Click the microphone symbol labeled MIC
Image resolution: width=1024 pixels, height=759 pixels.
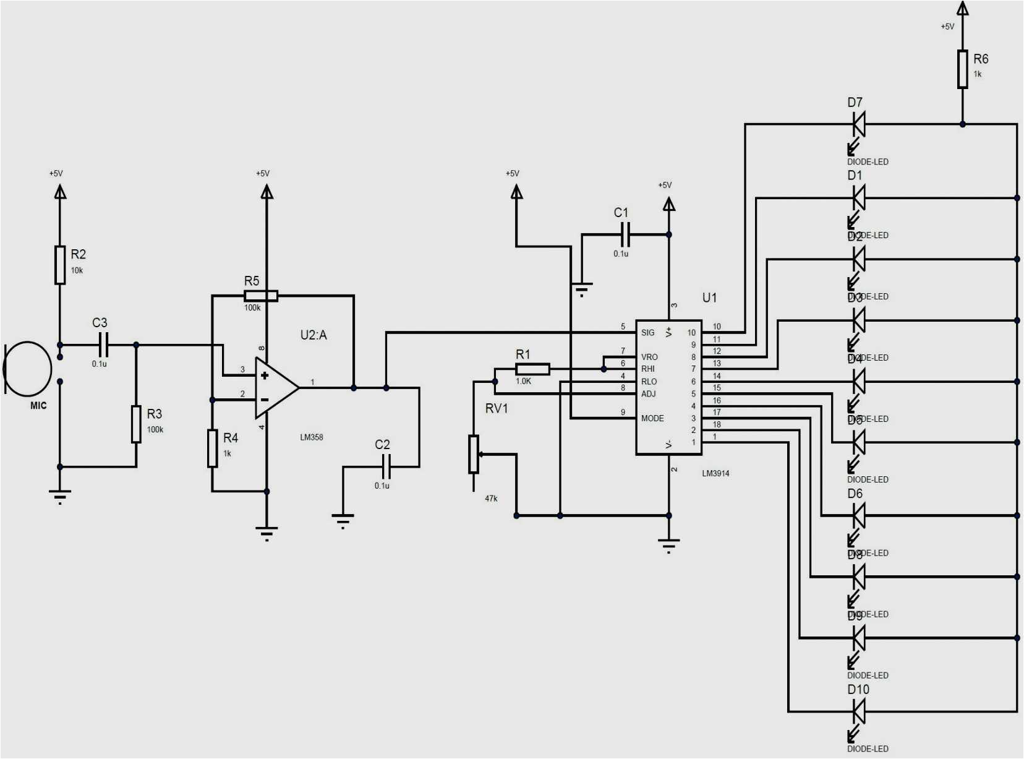click(27, 369)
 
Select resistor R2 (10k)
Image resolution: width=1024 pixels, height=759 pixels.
click(60, 265)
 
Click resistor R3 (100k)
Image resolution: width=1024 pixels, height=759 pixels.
click(136, 424)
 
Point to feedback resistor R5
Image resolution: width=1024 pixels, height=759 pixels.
click(260, 296)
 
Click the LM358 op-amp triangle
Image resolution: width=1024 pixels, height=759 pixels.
click(276, 388)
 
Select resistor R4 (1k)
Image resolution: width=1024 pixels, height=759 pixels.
click(212, 448)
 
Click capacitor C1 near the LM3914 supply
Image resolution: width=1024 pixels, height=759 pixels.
click(625, 234)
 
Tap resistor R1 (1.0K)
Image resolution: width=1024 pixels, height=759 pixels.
click(532, 369)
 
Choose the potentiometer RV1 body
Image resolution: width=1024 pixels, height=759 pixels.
click(474, 454)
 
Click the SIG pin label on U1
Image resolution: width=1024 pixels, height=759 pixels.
click(647, 333)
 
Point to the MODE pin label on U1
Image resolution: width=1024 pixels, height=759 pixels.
click(652, 418)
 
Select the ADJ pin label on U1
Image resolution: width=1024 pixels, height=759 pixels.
click(648, 394)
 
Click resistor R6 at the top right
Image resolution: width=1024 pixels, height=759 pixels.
click(962, 69)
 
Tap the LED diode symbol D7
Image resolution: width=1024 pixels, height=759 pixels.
click(858, 124)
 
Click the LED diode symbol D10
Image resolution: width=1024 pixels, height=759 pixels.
click(858, 711)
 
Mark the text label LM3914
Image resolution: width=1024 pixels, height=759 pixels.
click(715, 473)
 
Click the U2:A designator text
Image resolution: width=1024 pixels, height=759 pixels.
click(314, 335)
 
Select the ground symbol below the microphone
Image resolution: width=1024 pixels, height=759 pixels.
click(60, 495)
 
